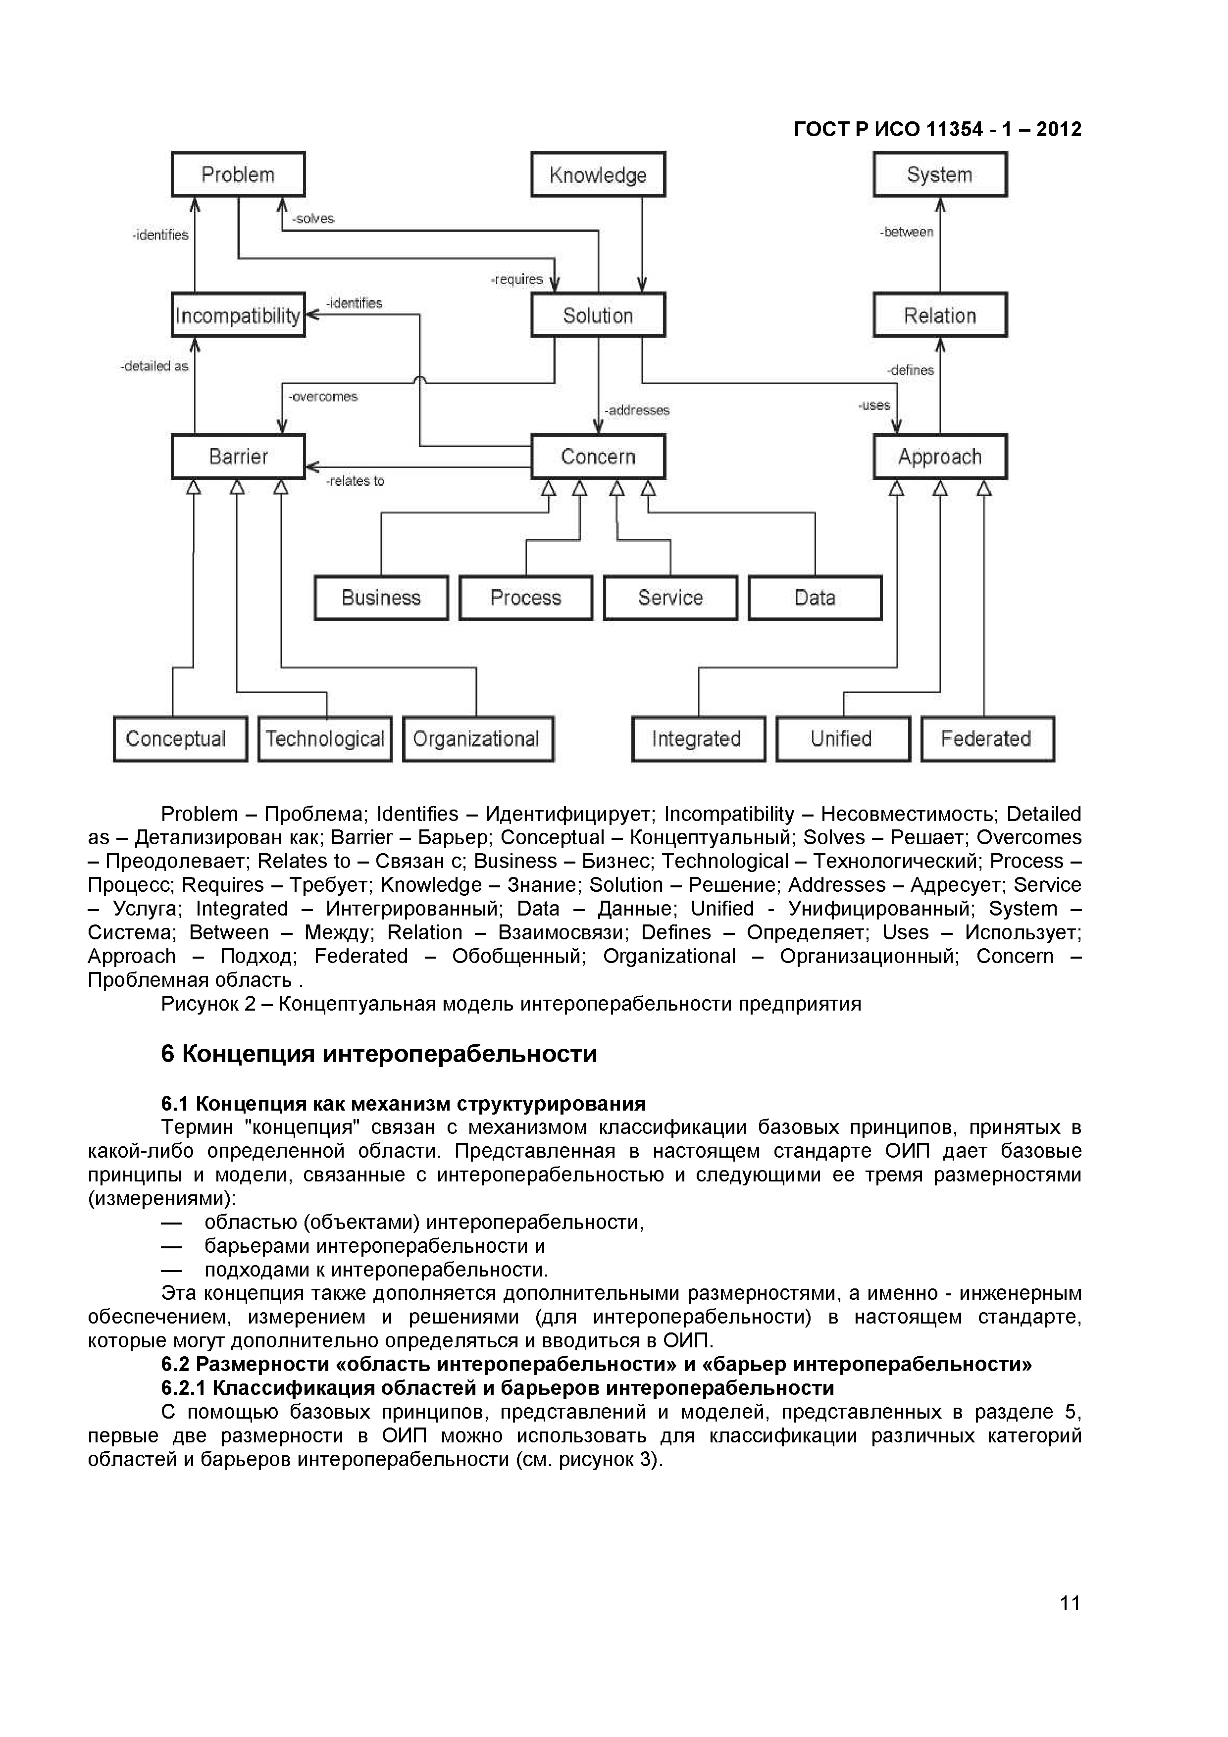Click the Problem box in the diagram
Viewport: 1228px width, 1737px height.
point(238,175)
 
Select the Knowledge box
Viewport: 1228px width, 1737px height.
point(598,175)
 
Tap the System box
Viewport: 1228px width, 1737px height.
point(940,175)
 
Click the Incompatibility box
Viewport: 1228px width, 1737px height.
point(238,315)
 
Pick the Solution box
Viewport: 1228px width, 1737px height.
point(598,315)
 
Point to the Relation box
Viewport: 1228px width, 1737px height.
point(940,315)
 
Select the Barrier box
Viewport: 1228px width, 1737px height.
point(238,456)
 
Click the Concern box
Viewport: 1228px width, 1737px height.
point(598,456)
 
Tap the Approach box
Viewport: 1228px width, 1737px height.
point(940,456)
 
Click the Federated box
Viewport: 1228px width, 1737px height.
point(987,738)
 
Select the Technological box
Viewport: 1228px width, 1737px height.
point(325,738)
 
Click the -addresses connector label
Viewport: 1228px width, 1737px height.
point(636,410)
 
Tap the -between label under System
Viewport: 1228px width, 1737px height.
point(907,232)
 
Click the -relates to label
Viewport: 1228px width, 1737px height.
point(355,481)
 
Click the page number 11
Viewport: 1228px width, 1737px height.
point(1069,1603)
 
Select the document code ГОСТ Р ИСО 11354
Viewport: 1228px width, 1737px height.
point(937,129)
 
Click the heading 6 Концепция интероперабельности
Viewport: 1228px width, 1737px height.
point(378,1054)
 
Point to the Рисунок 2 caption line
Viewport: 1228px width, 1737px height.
point(511,1004)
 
